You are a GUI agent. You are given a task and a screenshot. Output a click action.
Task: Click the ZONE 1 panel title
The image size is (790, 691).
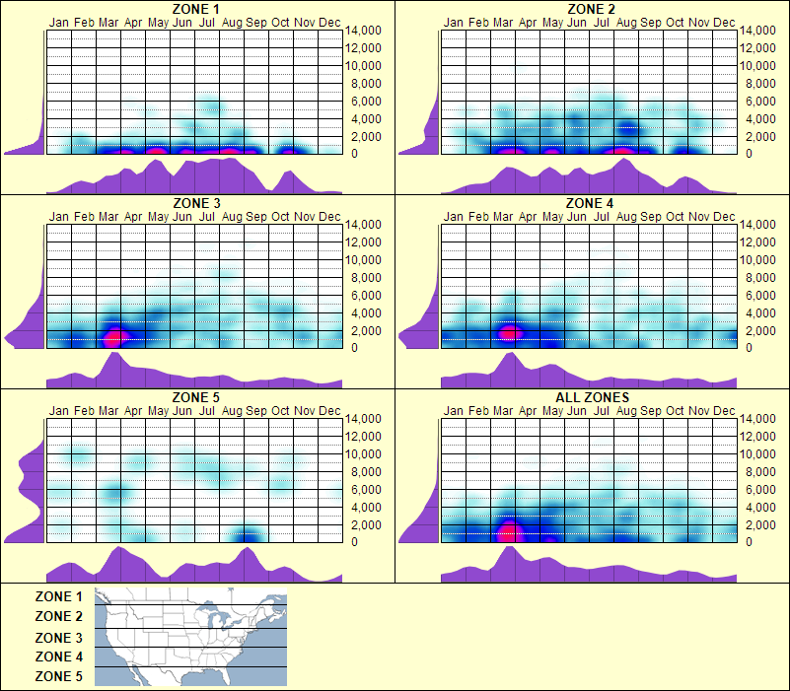197,9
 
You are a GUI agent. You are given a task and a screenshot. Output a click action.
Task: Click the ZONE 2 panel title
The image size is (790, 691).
592,9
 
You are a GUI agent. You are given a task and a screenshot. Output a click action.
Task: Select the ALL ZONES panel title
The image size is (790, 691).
592,398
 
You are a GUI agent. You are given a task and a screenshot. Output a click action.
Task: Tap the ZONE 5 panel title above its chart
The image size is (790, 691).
197,398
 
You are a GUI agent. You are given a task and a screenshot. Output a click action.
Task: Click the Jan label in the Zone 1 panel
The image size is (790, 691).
59,22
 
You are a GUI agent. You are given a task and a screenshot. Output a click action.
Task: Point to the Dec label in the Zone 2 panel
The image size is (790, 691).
724,22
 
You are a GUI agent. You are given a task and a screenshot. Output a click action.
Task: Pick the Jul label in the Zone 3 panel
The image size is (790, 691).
207,216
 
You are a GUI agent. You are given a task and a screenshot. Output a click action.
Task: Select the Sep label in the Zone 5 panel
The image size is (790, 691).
256,410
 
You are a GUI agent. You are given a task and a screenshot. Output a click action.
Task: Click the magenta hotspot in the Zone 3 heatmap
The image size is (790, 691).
113,337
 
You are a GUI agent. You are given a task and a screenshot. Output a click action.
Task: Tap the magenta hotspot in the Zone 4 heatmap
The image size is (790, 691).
509,332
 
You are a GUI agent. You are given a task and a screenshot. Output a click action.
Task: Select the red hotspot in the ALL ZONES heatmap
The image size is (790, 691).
508,533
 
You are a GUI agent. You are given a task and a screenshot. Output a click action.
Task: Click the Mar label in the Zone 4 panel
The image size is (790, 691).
503,216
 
